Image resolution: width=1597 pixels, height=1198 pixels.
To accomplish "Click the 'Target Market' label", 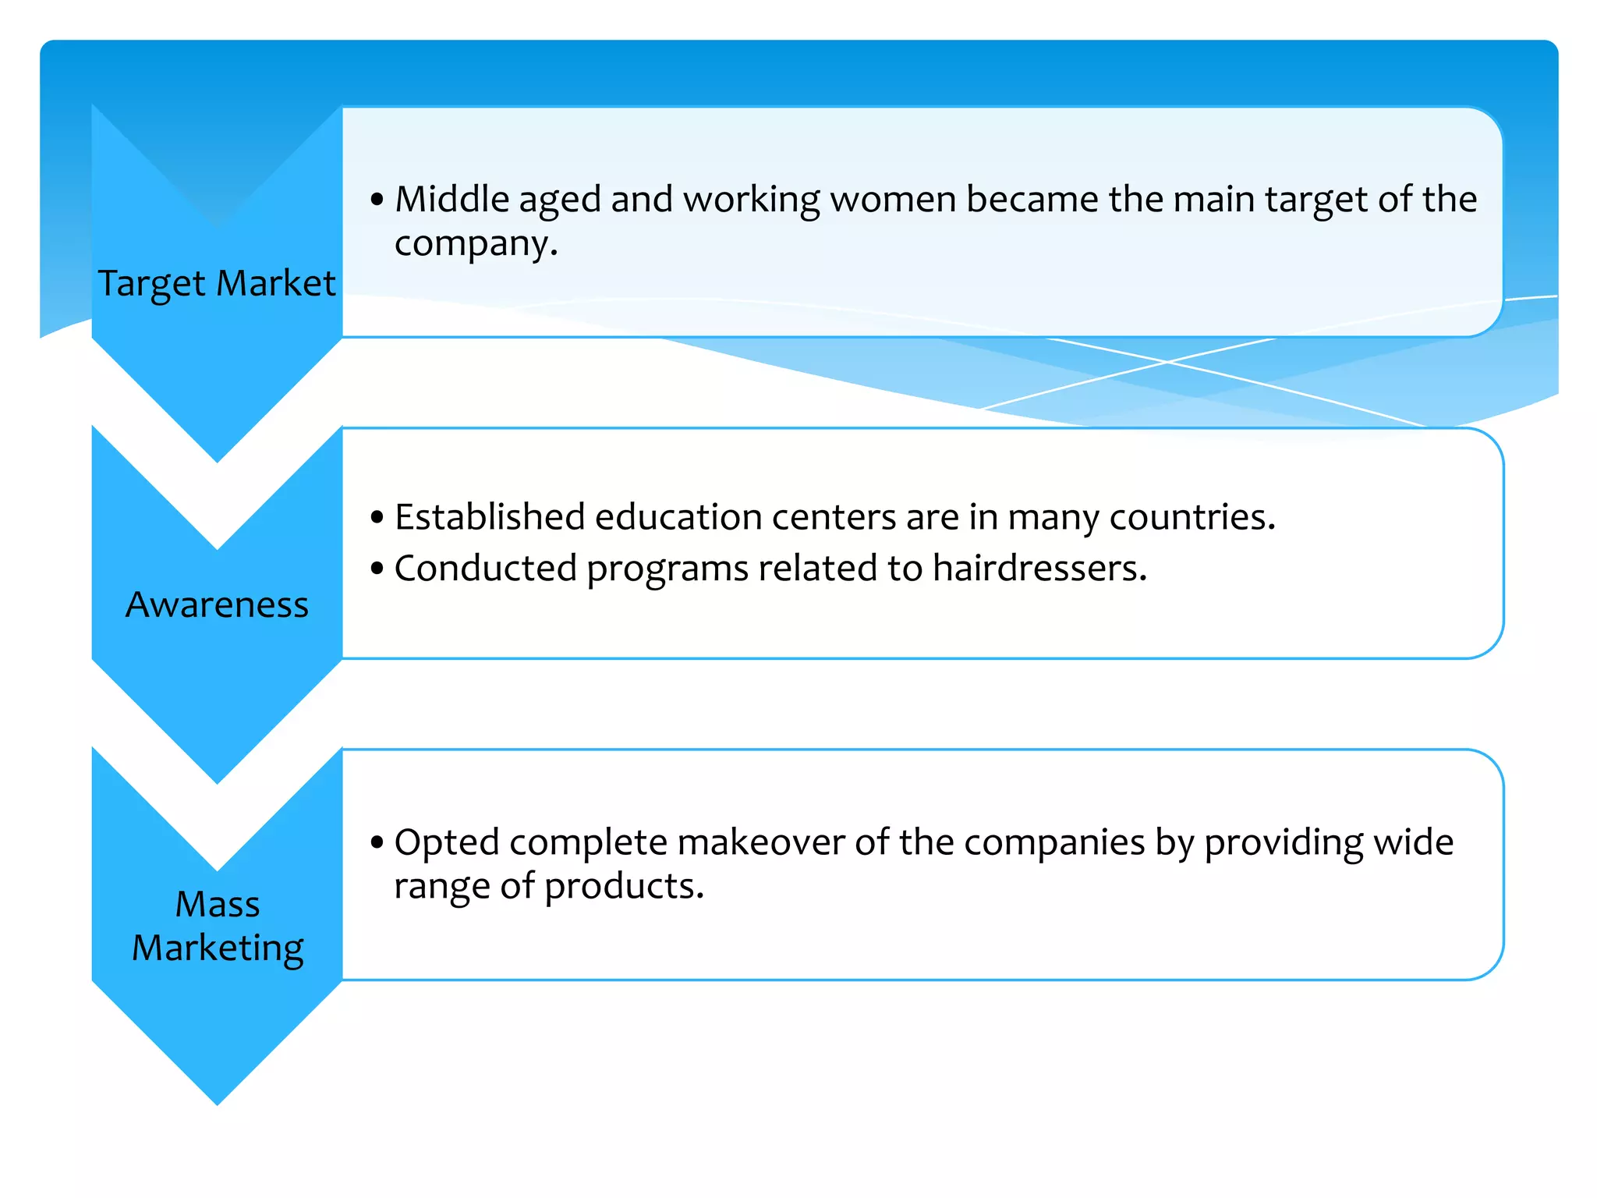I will coord(217,283).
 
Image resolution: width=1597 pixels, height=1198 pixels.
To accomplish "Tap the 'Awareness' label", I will coord(217,604).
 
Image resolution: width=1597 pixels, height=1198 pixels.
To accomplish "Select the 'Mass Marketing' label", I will coord(218,926).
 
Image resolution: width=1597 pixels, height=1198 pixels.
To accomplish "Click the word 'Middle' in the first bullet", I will coord(452,199).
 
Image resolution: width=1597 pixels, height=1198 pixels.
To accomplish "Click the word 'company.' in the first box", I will coord(476,243).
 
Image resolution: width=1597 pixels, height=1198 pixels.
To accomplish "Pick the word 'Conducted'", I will coord(485,568).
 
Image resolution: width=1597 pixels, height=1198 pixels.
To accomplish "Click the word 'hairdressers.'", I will coord(1040,568).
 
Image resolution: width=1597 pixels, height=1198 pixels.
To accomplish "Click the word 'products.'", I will coord(624,887).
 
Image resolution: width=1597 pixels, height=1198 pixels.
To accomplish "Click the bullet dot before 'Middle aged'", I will coord(377,200).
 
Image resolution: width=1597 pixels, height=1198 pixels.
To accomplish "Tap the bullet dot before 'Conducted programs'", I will coord(377,569).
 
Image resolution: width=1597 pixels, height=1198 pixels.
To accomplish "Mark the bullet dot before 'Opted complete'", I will coord(377,843).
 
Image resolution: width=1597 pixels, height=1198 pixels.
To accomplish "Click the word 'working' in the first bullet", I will coord(752,200).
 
